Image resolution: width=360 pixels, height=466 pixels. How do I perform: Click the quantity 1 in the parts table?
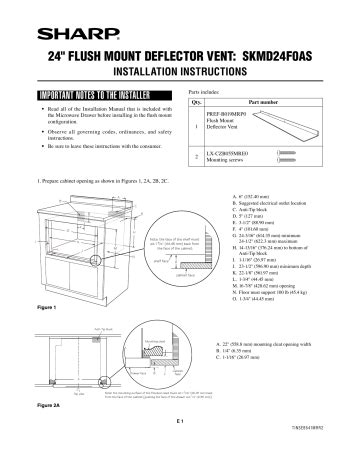tap(196, 125)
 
